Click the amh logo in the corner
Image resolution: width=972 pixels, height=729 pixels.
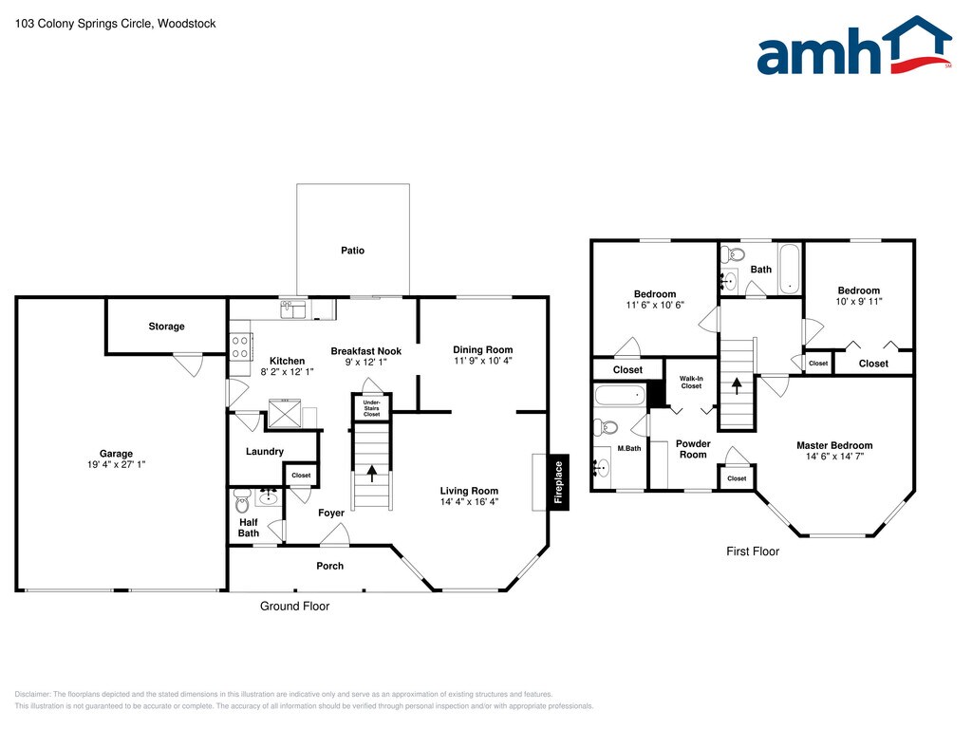tap(853, 46)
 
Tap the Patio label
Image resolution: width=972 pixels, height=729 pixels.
tap(353, 251)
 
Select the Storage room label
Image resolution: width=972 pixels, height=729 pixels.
tap(166, 327)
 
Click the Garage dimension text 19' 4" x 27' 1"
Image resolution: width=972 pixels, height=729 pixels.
tap(116, 464)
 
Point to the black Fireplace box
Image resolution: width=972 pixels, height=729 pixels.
tap(558, 482)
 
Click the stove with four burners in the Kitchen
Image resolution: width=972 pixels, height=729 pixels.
tap(240, 347)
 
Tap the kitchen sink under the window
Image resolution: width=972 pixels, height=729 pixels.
tap(295, 308)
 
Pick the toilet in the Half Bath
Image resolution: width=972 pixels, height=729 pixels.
tap(242, 501)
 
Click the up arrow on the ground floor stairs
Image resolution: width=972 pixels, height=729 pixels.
tap(372, 474)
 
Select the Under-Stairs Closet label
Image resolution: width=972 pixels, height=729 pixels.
tap(372, 408)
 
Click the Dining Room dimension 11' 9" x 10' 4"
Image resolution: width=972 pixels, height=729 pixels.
tap(483, 361)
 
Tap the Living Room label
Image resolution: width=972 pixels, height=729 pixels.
tap(469, 491)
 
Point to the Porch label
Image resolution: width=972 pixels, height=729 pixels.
tap(329, 566)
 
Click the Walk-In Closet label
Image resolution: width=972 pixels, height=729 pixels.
tap(691, 382)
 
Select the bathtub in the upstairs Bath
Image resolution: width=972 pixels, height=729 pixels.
tap(790, 269)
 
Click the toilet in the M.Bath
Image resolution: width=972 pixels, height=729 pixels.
tap(607, 427)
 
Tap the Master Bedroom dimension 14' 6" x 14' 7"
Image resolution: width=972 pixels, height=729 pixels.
tap(834, 457)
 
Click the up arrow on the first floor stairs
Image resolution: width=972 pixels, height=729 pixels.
tap(737, 386)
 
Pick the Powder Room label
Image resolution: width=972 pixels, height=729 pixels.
tap(693, 449)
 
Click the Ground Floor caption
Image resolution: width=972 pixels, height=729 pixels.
tap(294, 607)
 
